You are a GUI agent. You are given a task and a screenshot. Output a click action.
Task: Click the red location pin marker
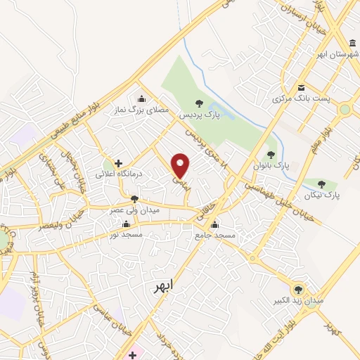coord(181,165)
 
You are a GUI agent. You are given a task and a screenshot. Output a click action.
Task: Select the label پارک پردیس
coord(199,114)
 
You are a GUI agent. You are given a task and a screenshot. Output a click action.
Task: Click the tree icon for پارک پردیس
coord(199,103)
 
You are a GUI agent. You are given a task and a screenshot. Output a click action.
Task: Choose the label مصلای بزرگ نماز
coord(143,110)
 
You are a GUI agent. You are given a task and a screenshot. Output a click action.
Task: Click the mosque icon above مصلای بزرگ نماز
coord(143,98)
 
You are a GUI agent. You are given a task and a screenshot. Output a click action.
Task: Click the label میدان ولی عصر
coord(134,210)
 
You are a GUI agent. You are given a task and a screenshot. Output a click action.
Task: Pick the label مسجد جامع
coord(214,236)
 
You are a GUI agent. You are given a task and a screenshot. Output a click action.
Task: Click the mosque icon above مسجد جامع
coord(214,226)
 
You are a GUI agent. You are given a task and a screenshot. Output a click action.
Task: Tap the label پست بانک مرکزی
coord(301,99)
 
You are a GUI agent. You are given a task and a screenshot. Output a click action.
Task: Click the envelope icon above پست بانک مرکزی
coord(301,89)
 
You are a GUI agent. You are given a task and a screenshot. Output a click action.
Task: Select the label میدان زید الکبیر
coord(299,300)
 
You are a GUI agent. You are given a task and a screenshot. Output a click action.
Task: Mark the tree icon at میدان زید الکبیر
coord(299,289)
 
